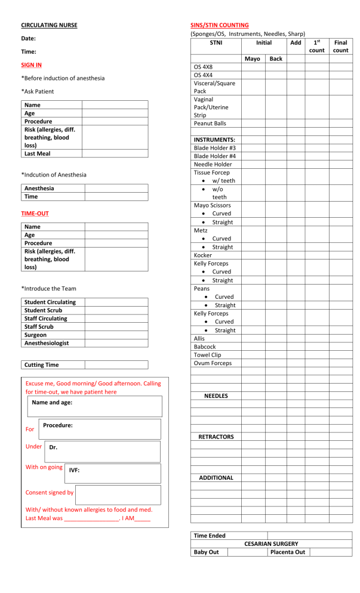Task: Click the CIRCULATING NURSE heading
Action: [49, 25]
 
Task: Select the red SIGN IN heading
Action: [31, 64]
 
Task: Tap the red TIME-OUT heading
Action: [35, 212]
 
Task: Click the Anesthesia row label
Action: [39, 188]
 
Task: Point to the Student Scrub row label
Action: [43, 310]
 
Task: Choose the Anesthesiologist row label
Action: [47, 343]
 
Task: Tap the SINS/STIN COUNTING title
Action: [219, 25]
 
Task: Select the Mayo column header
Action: [253, 59]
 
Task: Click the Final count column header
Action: [341, 47]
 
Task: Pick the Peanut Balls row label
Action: [210, 123]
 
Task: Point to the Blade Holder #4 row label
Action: [214, 156]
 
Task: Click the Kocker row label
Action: [203, 255]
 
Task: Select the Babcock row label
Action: [205, 347]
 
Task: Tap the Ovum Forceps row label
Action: [213, 363]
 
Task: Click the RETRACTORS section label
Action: [216, 437]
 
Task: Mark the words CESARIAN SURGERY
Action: [271, 544]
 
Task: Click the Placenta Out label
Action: [288, 552]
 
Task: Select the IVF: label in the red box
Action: [75, 470]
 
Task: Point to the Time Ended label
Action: [209, 536]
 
